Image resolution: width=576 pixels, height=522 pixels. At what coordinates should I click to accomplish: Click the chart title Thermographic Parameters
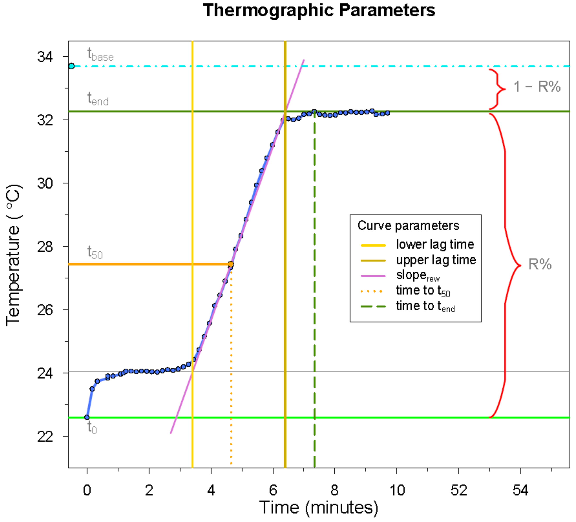point(319,11)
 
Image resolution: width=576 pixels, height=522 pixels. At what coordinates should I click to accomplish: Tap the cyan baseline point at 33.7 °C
point(71,66)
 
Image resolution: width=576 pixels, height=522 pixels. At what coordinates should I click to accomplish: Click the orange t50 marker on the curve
point(231,264)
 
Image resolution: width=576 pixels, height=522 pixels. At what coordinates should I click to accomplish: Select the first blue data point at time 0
point(87,417)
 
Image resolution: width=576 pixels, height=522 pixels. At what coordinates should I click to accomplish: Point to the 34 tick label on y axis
point(45,57)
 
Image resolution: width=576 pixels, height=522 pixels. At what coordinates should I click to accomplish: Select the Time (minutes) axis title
point(319,507)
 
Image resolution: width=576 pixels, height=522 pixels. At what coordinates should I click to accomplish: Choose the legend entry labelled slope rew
point(417,276)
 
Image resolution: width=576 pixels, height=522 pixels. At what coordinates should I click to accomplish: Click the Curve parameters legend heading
point(408,226)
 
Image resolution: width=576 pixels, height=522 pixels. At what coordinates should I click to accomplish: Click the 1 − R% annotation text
point(537,86)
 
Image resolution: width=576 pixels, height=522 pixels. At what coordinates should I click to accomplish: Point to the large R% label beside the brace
point(540,264)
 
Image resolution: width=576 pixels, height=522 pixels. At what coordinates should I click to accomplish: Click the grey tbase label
point(100,55)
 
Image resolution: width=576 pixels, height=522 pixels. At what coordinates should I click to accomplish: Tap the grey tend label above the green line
point(98,99)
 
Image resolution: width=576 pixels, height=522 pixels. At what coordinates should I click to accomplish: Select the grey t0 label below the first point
point(92,428)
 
